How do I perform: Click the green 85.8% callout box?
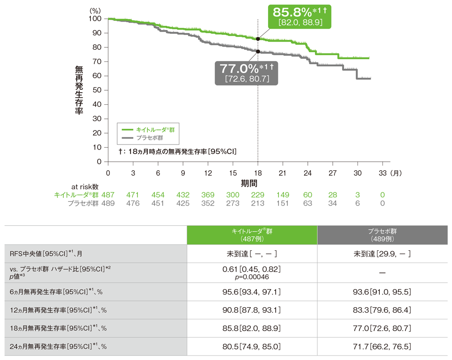tap(299, 16)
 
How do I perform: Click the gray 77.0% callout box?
tap(246, 72)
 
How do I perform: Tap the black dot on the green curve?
tap(258, 39)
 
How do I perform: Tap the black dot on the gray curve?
tap(258, 51)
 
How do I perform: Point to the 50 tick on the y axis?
tap(97, 90)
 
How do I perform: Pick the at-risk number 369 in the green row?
tap(208, 195)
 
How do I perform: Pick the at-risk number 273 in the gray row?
tap(233, 203)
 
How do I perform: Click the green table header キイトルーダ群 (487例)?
tap(252, 235)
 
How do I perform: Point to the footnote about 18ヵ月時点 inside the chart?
tap(178, 151)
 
